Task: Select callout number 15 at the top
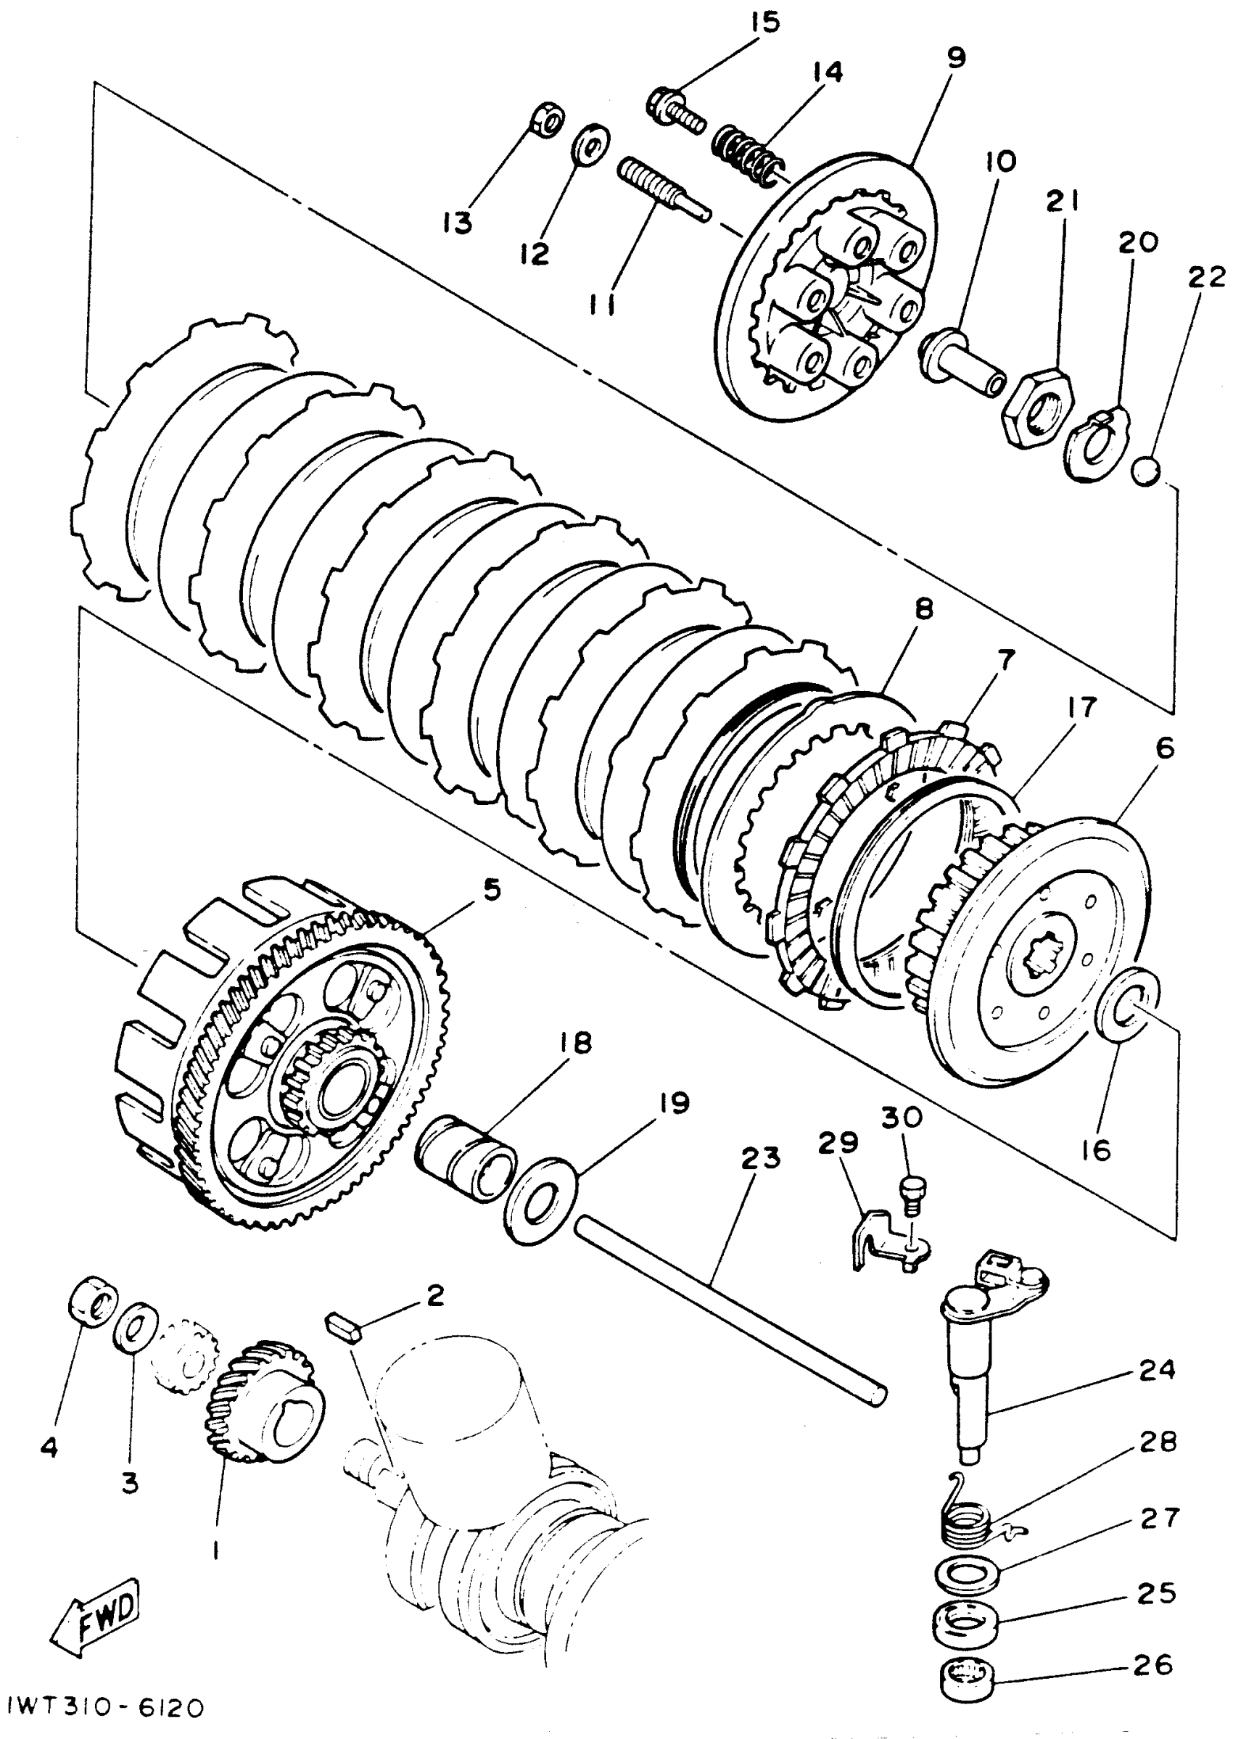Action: (764, 22)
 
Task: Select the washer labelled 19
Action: (540, 1200)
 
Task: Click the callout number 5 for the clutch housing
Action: (492, 890)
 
